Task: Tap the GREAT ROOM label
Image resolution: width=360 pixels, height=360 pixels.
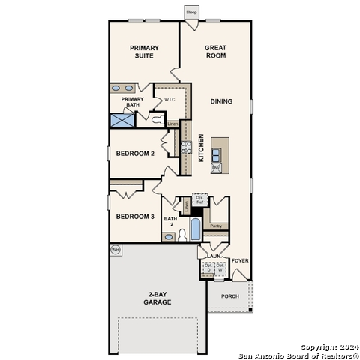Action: coord(215,51)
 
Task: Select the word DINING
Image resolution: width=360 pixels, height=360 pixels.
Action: coord(221,101)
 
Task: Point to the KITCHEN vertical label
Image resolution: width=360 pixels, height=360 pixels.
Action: coord(201,148)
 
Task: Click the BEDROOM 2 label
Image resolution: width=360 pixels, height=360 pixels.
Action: coord(135,154)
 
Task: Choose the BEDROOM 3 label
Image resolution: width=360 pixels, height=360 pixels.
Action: coord(135,217)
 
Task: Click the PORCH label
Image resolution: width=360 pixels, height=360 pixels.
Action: coord(230,296)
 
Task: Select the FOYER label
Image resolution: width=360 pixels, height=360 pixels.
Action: coord(240,260)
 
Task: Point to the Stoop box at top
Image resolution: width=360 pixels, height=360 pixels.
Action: coord(191,13)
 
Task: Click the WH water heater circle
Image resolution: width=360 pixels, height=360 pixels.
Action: coord(115,249)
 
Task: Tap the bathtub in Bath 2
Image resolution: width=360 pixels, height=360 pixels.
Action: coord(195,229)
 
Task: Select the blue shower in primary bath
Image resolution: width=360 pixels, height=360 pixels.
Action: coord(121,119)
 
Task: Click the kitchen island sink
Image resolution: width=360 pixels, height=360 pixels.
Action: coord(216,154)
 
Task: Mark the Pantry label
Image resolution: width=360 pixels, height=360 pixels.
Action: coord(216,225)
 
